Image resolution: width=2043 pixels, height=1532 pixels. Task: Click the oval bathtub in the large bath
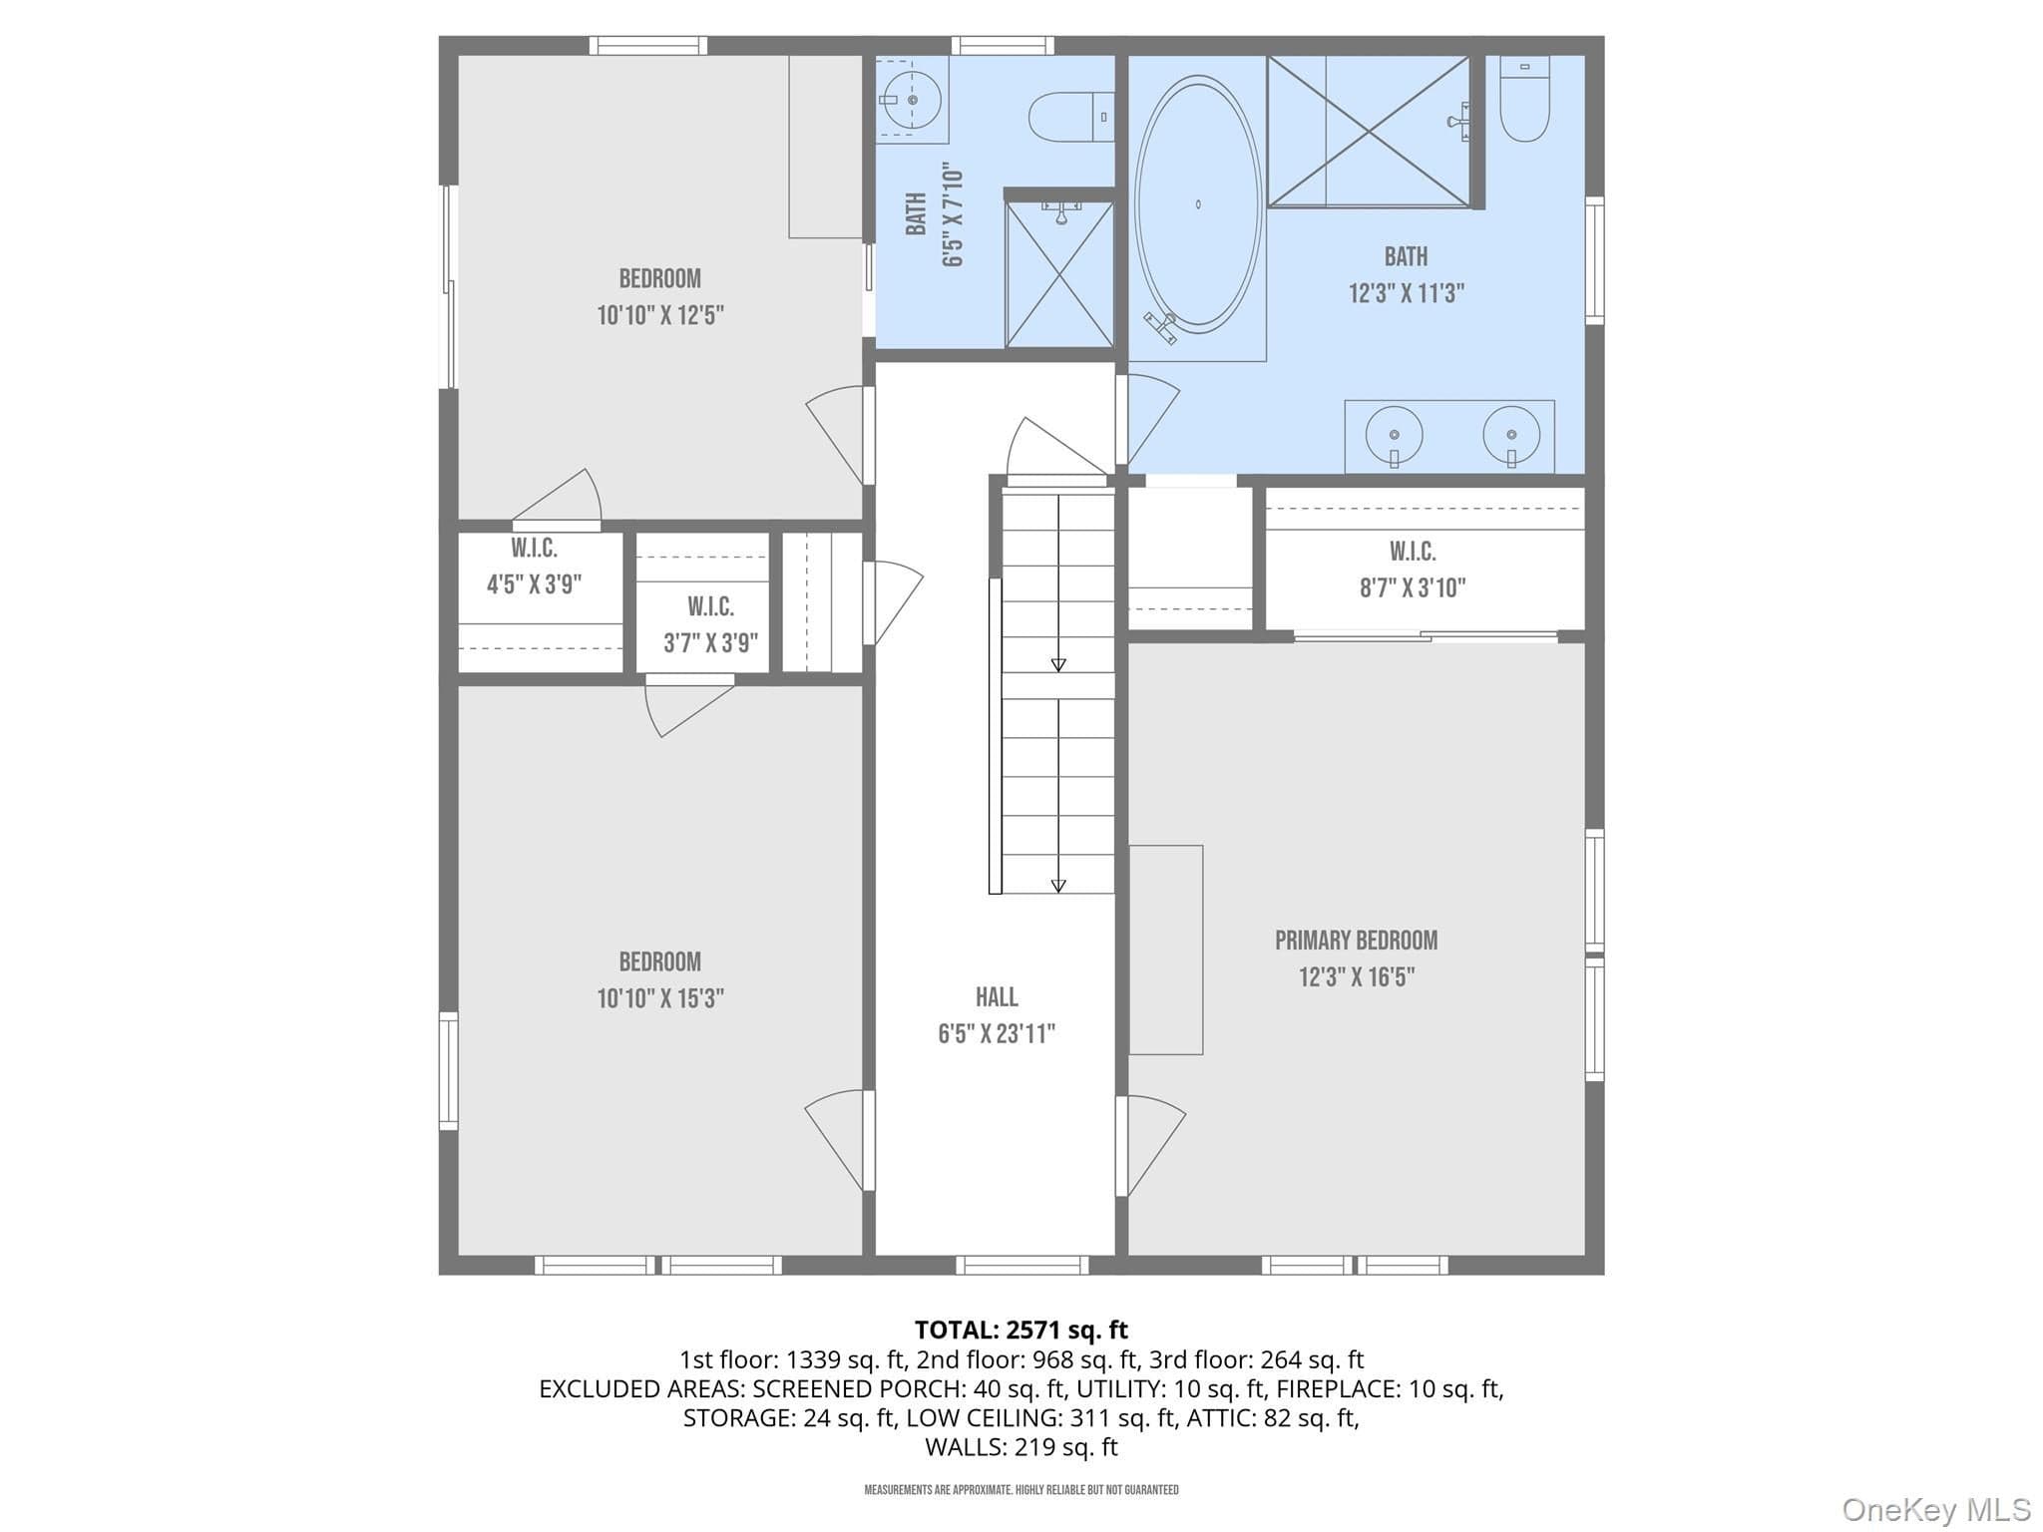[x=1198, y=204]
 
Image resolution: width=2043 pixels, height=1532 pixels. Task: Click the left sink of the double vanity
[x=1394, y=436]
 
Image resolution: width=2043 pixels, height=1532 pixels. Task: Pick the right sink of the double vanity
[x=1511, y=436]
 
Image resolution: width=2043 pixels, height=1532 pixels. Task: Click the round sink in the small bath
[x=912, y=99]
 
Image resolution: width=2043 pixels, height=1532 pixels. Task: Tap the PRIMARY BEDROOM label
[x=1356, y=940]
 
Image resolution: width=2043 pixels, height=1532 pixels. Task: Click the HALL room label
[x=997, y=996]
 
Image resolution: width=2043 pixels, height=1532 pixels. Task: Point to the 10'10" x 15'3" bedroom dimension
[x=660, y=998]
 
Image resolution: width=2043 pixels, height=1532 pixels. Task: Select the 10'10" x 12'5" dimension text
[x=660, y=315]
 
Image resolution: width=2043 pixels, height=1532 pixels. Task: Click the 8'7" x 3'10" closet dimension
[x=1413, y=587]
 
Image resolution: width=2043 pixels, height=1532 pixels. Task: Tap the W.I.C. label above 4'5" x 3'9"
[x=534, y=548]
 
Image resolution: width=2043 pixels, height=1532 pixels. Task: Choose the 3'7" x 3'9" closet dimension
[x=710, y=643]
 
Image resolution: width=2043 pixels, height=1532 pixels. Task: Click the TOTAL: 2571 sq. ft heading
[x=1021, y=1330]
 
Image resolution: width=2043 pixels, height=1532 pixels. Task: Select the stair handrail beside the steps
[x=995, y=736]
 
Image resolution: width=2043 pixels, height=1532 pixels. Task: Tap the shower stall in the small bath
[x=1059, y=274]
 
